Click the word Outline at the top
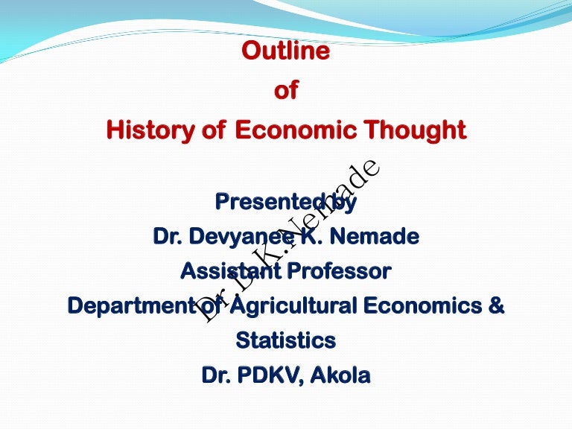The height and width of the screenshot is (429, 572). coord(286,51)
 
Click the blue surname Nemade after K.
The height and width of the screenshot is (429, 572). coord(380,238)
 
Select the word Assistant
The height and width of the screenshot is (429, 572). coord(228,272)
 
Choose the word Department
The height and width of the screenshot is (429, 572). coord(130,306)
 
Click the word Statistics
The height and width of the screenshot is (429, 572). coord(286,340)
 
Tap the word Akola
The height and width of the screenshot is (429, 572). coord(341,375)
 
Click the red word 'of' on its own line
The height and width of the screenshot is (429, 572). coord(286,92)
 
